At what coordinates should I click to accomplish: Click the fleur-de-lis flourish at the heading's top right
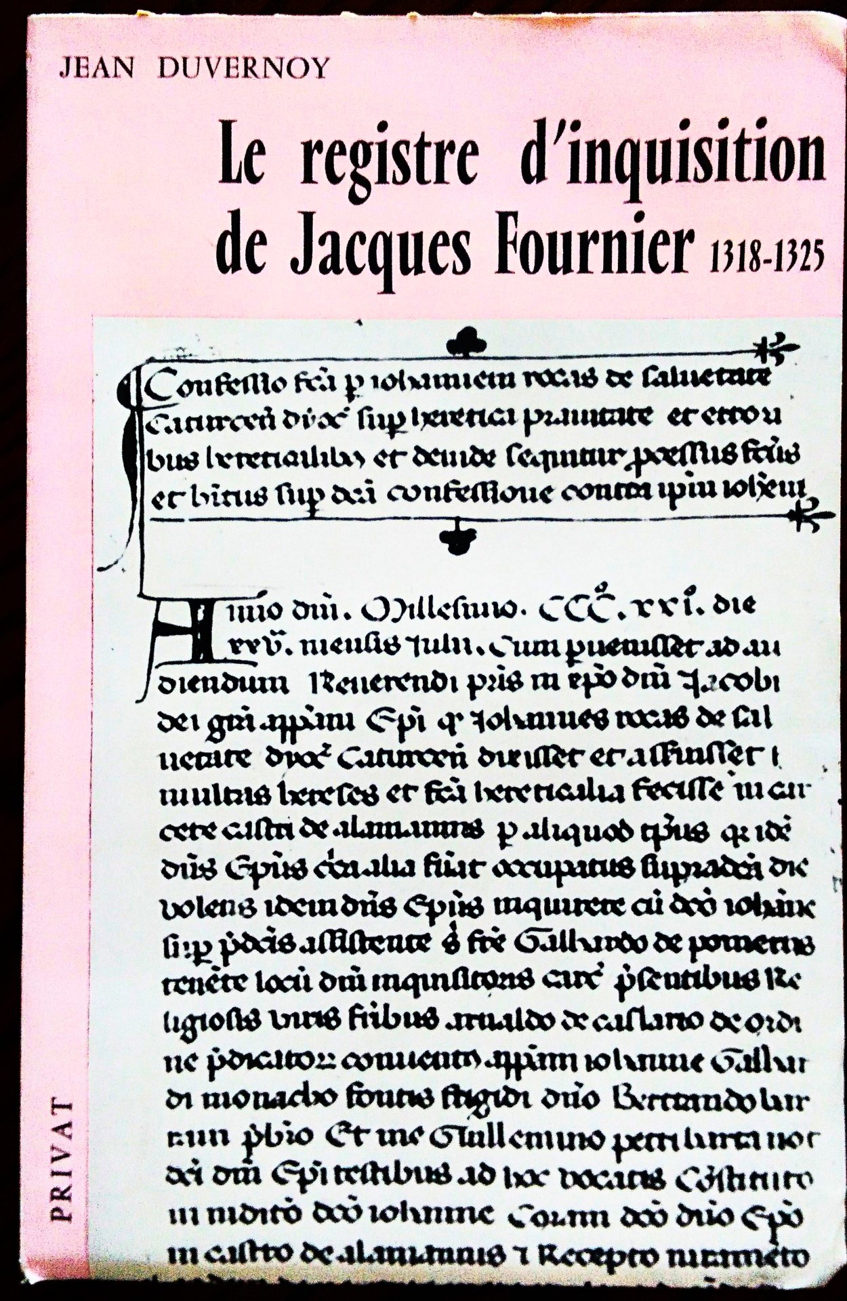772,349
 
